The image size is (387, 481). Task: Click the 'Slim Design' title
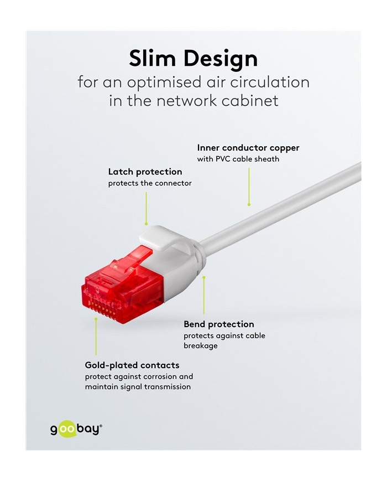(x=193, y=58)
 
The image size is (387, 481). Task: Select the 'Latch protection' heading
(x=145, y=172)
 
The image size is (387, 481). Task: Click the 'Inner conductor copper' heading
(x=248, y=148)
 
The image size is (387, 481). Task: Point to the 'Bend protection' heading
(x=219, y=324)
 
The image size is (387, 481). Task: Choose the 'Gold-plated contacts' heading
(x=132, y=365)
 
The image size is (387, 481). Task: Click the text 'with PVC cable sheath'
(x=238, y=159)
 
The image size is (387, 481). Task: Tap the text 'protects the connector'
(x=150, y=183)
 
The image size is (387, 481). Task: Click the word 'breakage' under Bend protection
(x=201, y=346)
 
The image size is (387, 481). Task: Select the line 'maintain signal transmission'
(x=138, y=386)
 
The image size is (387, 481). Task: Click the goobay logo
(x=76, y=429)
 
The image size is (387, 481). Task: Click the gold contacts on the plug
(x=102, y=308)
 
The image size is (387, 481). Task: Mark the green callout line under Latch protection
(x=146, y=208)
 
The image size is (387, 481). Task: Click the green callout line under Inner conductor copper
(x=249, y=187)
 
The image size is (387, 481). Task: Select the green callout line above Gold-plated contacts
(x=96, y=337)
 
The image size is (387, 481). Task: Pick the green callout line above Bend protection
(x=204, y=295)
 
